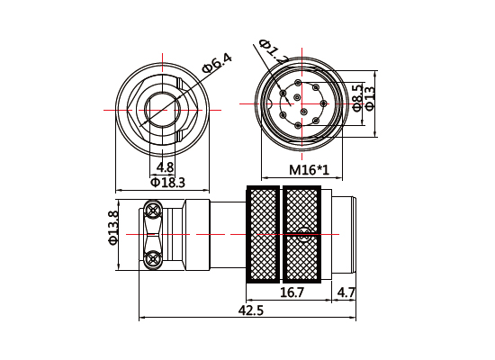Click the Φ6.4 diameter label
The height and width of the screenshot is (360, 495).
coord(217,64)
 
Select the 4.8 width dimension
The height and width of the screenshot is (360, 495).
coord(165,167)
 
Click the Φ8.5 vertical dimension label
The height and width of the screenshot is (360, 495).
coord(357,97)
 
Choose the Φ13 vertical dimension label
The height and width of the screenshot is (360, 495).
coord(369,97)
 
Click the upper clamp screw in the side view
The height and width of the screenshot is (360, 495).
coord(153,212)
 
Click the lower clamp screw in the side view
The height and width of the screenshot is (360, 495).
coord(153,260)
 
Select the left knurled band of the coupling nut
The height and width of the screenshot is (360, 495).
coord(263,236)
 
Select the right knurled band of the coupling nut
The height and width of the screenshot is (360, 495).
coord(301,236)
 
